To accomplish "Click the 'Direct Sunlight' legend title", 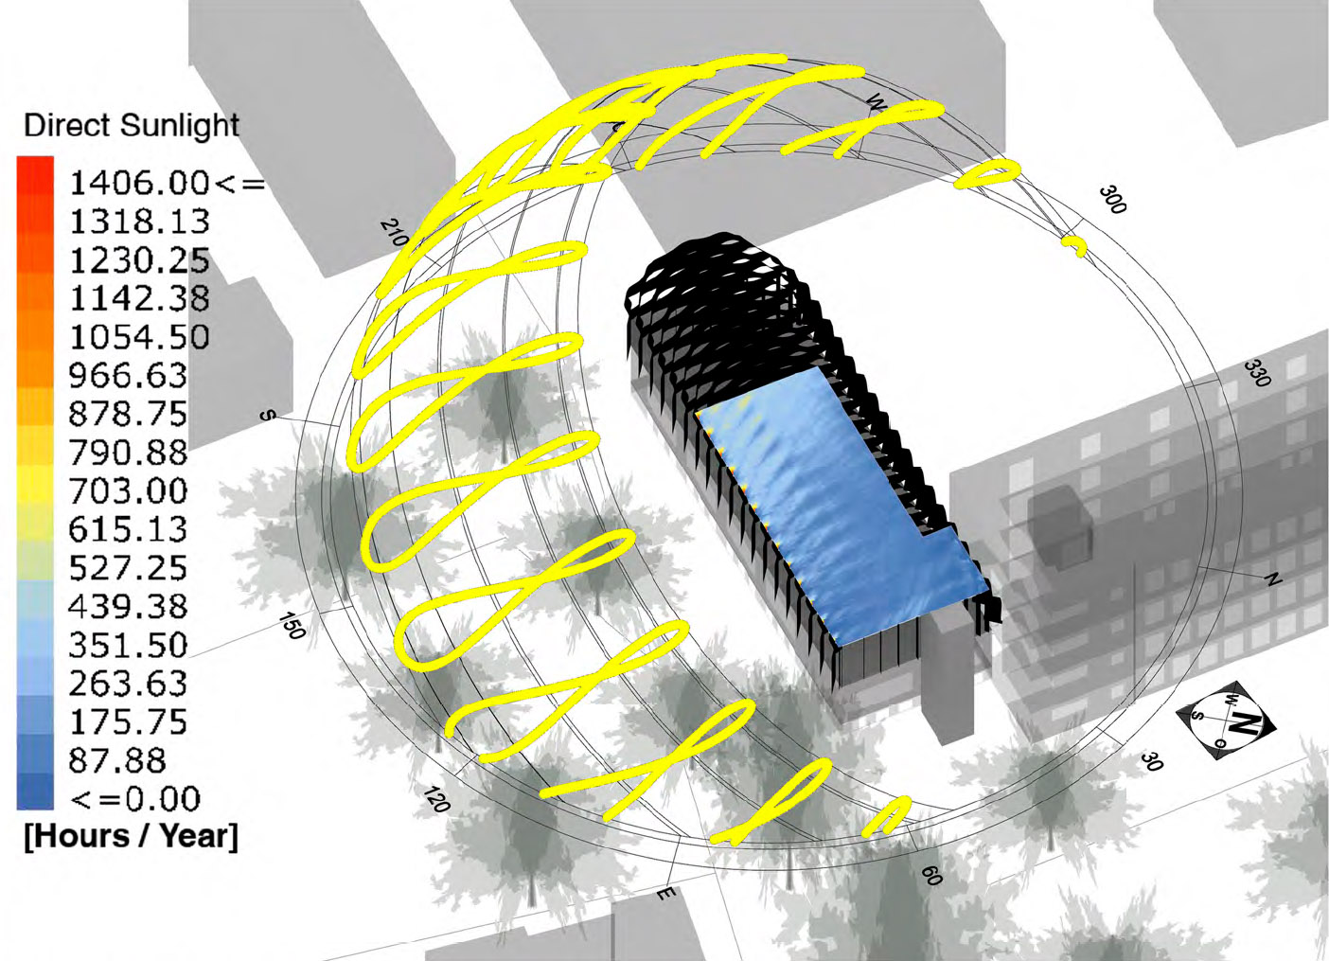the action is pos(132,126).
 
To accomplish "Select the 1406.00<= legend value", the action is pos(167,183).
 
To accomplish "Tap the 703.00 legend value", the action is pos(128,490).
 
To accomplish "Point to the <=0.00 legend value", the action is pos(135,798).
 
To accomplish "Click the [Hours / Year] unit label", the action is pos(132,836).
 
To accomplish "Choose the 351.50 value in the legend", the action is pos(128,645).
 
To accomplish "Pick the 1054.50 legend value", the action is pos(139,336).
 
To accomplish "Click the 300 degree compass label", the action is pos(1112,200).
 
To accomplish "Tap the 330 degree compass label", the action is pos(1257,373).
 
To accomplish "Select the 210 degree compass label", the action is pos(395,233).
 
